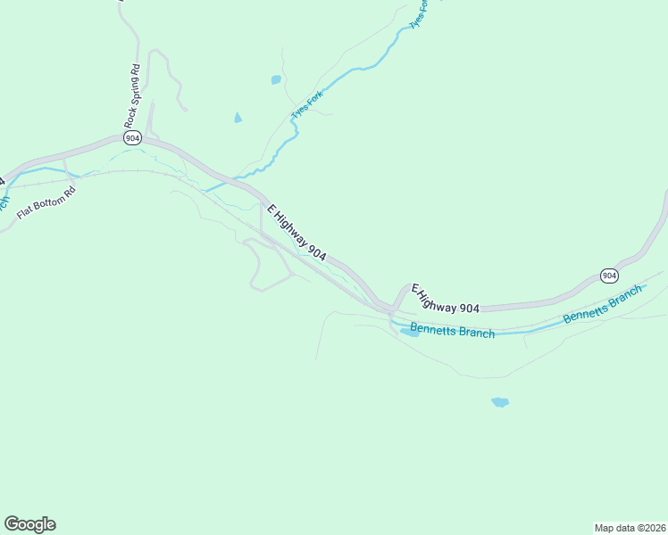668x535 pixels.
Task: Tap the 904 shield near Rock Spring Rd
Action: click(x=133, y=138)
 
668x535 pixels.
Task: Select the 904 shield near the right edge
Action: click(x=609, y=275)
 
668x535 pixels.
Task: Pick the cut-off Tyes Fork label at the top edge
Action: click(x=419, y=12)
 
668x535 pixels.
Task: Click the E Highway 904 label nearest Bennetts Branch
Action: click(x=445, y=299)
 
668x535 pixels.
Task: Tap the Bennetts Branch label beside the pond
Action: click(x=452, y=332)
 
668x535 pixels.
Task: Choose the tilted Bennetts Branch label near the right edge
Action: click(x=603, y=305)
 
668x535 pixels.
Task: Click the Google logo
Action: click(x=29, y=524)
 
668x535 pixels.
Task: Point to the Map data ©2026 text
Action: click(x=630, y=527)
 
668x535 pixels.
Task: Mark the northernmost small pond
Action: click(x=276, y=80)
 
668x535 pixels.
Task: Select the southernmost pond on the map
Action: click(x=500, y=402)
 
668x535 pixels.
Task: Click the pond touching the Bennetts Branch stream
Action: click(x=410, y=332)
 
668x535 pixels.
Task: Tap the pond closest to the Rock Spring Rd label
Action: click(x=238, y=118)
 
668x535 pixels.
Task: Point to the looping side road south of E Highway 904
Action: click(x=255, y=267)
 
